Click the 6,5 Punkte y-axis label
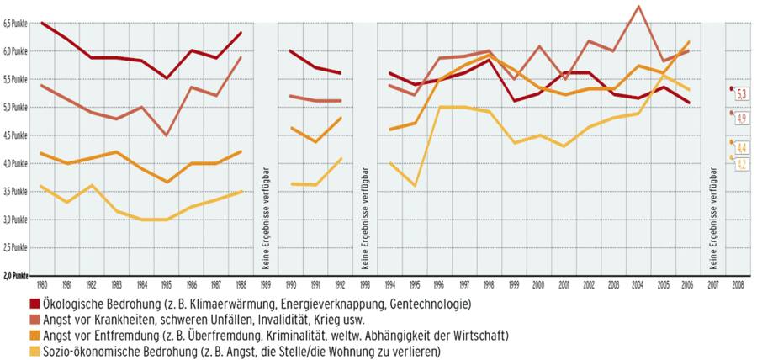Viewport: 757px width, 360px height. pos(16,24)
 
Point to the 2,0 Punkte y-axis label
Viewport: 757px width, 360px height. pos(16,276)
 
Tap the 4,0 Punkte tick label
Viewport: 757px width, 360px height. pos(16,164)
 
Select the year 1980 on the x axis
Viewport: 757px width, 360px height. pos(43,284)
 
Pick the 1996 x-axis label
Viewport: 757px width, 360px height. pos(438,284)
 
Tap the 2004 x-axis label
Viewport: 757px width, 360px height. pos(640,284)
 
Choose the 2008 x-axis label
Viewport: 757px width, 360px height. pos(738,284)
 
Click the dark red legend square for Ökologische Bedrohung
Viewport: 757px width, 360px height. pos(35,304)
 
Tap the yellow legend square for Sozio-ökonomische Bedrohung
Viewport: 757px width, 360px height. pos(35,351)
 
